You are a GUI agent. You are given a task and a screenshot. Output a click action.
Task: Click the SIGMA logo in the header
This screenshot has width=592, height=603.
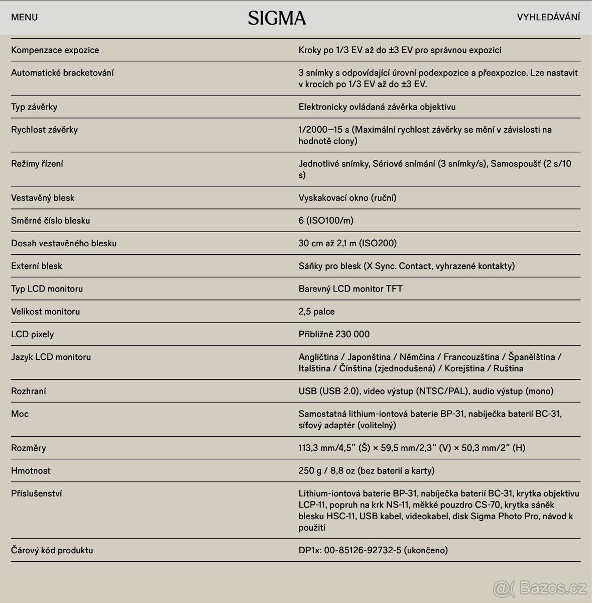coord(277,18)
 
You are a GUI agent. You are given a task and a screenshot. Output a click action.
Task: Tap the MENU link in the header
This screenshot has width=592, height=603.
coord(24,17)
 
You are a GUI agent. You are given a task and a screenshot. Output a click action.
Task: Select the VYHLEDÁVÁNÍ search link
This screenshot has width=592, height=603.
coord(548,17)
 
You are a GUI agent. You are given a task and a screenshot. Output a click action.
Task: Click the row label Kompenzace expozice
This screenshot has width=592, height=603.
coord(55,50)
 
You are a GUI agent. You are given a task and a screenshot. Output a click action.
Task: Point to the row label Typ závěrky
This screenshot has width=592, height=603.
coord(34,107)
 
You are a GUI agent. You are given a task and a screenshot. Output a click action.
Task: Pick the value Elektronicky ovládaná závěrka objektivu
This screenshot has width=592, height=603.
coord(377,107)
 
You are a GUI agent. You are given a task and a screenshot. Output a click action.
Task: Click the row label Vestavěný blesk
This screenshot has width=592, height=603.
coord(43,198)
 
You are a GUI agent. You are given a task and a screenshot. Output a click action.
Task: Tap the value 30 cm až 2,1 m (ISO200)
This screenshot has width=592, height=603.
coord(347,243)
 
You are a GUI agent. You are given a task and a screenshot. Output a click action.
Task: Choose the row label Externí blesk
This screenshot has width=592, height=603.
coord(37,266)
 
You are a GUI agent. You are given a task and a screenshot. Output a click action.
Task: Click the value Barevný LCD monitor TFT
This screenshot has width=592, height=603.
coord(350,289)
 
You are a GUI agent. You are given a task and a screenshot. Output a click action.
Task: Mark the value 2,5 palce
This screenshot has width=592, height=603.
coord(316,312)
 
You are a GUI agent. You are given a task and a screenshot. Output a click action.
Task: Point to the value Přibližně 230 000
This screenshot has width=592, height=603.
coord(334,334)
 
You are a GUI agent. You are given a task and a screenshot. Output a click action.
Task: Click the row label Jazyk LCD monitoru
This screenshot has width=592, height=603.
coord(51,357)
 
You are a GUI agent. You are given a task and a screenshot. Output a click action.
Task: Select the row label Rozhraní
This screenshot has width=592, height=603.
coord(29,391)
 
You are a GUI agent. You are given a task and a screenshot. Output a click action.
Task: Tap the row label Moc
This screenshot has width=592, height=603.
coord(20,414)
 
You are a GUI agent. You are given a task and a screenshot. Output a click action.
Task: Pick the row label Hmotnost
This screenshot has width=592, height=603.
coord(31,471)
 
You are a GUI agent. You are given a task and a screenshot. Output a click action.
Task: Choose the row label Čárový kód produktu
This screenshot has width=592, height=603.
coord(52,550)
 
